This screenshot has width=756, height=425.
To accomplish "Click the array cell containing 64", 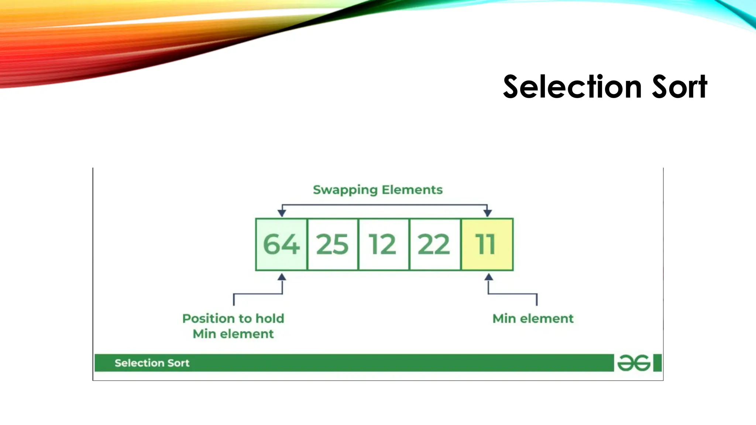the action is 281,244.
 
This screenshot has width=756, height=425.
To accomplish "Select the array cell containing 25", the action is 332,244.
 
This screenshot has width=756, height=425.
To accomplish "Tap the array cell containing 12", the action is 383,244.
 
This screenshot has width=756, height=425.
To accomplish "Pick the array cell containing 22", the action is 434,244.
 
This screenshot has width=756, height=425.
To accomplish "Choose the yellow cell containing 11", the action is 487,244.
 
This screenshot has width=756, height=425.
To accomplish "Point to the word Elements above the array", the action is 412,190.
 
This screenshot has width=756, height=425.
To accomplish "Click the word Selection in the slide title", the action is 573,87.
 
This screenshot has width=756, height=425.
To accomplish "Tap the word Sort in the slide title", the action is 680,87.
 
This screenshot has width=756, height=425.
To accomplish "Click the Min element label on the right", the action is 533,318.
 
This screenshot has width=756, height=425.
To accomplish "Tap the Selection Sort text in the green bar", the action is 152,363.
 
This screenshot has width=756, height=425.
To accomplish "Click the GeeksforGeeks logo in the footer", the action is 633,363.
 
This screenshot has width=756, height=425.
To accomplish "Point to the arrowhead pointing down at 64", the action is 282,213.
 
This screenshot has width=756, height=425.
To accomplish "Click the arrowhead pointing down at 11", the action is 487,213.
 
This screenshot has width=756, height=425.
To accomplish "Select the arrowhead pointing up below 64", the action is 282,277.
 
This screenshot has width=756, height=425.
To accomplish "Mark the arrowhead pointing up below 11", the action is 489,277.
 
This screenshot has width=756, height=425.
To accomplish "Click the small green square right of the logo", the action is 657,363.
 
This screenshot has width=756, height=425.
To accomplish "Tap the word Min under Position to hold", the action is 204,334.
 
